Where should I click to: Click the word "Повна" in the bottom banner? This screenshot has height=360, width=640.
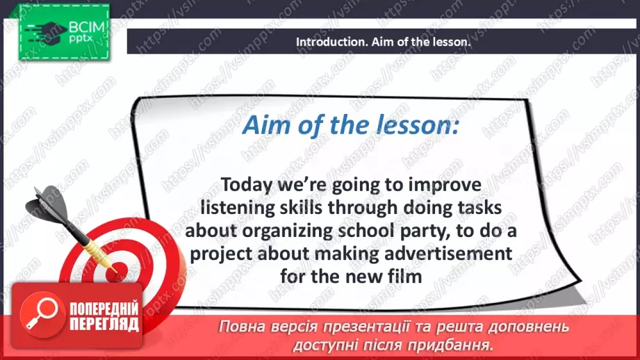click(239, 327)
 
